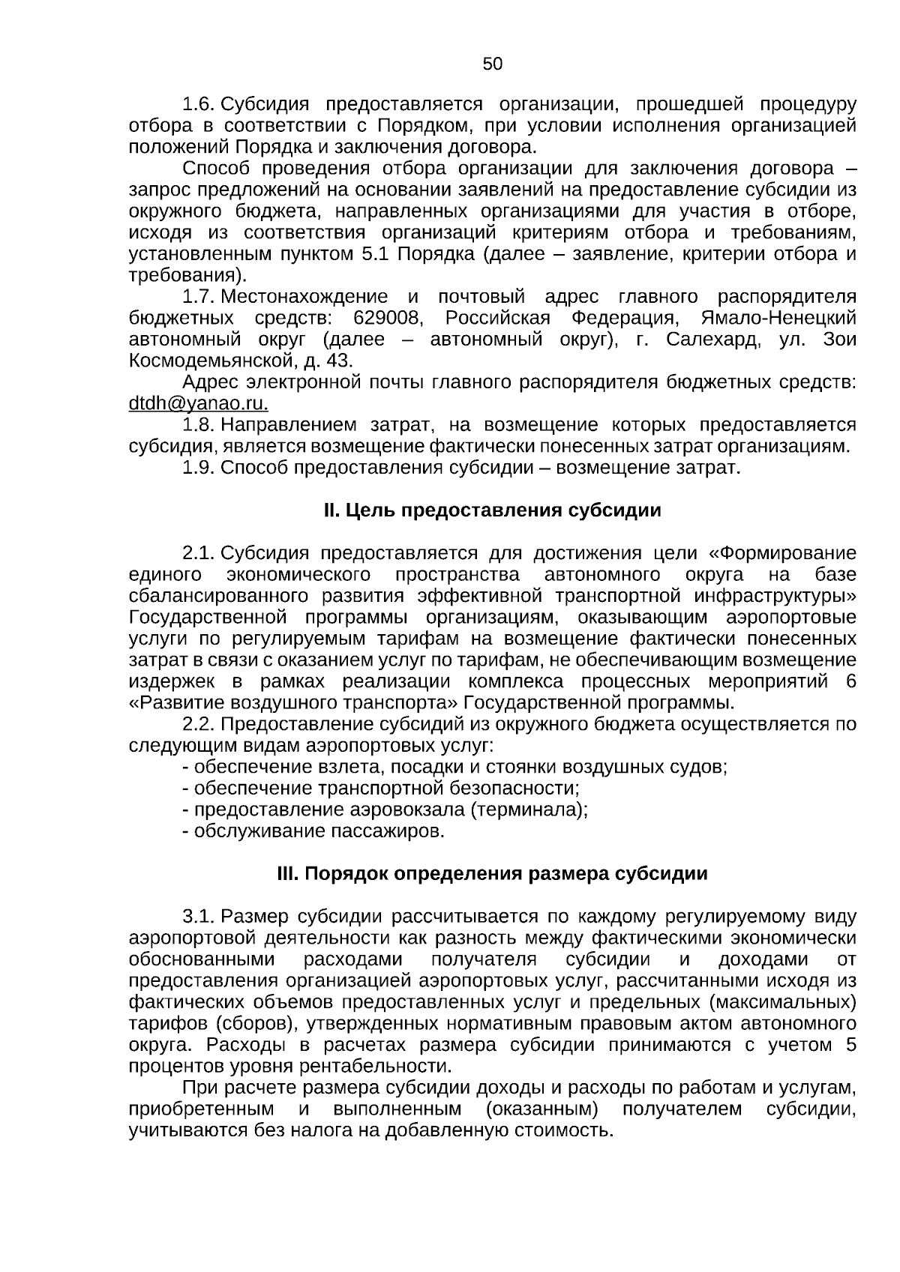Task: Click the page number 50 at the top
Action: point(493,64)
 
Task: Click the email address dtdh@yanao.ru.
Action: point(198,403)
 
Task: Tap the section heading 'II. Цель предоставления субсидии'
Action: point(492,510)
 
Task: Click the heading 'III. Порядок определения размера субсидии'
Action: point(492,874)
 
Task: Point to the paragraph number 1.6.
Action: point(199,103)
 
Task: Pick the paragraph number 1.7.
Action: point(199,296)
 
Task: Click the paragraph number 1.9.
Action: point(199,468)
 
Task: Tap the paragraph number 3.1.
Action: point(199,917)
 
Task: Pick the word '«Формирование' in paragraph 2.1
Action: point(782,553)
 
